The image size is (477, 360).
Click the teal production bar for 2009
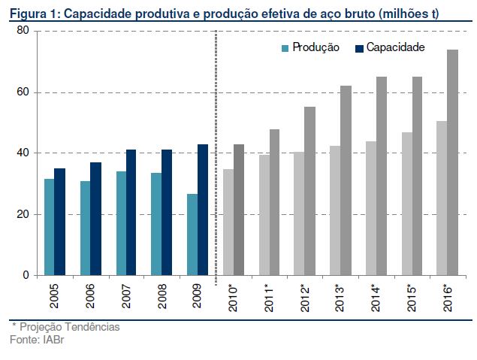[x=192, y=234]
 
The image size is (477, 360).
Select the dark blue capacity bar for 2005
[x=59, y=222]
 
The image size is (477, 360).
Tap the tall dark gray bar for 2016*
[x=452, y=162]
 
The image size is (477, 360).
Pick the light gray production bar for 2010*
[x=228, y=222]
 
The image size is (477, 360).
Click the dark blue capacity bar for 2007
[x=131, y=213]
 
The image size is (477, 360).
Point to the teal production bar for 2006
[x=86, y=228]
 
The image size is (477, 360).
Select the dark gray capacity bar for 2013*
[x=346, y=180]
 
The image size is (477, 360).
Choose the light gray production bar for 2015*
[x=407, y=204]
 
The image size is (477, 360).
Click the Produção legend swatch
[x=285, y=48]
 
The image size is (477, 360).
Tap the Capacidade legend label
[x=395, y=47]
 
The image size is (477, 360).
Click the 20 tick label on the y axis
[x=23, y=214]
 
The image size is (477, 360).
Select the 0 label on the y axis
[x=26, y=275]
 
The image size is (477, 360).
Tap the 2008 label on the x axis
[x=162, y=296]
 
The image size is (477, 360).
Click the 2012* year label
[x=305, y=298]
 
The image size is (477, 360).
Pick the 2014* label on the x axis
[x=376, y=298]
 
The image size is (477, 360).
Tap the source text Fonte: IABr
[x=37, y=339]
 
